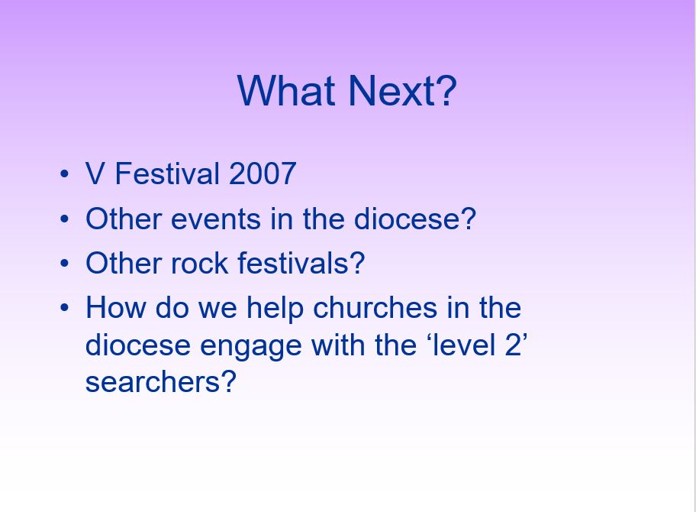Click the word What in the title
(286, 91)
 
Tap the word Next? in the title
(403, 91)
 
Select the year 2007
(263, 173)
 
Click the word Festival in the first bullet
(167, 173)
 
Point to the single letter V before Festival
(95, 173)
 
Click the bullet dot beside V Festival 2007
(64, 173)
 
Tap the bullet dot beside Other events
(64, 219)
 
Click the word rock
(199, 263)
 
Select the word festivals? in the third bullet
(301, 263)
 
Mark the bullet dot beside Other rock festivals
(64, 263)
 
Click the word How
(115, 307)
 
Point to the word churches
(375, 307)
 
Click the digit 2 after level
(514, 345)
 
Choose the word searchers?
(160, 382)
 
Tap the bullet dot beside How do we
(64, 307)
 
